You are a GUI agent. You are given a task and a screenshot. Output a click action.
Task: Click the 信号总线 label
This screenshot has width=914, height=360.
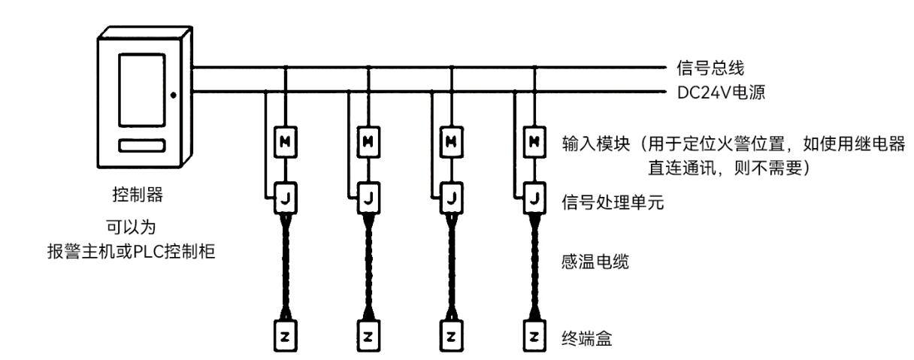click(x=710, y=68)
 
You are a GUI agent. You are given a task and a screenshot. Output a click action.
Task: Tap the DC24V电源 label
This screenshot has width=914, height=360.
click(x=721, y=92)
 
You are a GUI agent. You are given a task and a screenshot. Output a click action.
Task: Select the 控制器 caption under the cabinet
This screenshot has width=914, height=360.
click(x=138, y=195)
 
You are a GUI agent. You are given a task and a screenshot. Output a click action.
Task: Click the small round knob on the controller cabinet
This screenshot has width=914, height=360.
click(x=174, y=95)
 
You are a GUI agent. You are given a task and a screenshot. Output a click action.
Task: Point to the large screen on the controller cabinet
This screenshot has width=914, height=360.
click(x=142, y=89)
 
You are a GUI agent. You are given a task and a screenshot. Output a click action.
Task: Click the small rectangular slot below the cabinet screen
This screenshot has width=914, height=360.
click(x=142, y=146)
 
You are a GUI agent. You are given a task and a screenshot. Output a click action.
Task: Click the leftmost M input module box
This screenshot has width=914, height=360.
click(x=285, y=142)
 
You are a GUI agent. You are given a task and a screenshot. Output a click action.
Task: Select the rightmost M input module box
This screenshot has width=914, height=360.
click(x=534, y=142)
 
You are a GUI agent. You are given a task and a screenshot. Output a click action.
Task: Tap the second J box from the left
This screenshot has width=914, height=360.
click(x=368, y=198)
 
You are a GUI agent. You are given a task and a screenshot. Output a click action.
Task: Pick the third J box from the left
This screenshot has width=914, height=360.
click(x=451, y=198)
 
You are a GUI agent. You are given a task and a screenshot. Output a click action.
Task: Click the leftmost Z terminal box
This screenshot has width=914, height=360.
click(x=285, y=336)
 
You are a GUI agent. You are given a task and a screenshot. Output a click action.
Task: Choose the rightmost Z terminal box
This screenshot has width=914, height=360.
click(x=534, y=336)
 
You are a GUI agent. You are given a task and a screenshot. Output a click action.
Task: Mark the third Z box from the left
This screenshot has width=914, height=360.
click(x=451, y=336)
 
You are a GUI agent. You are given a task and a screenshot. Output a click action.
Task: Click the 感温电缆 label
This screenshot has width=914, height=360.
click(x=595, y=262)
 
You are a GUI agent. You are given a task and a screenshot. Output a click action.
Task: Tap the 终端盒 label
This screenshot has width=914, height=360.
click(x=587, y=338)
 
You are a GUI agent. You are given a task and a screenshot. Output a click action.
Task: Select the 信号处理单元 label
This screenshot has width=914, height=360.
click(x=613, y=202)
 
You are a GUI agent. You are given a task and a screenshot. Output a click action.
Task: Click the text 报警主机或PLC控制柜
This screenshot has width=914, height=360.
click(x=131, y=251)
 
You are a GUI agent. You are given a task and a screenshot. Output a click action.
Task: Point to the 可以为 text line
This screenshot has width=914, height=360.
click(x=131, y=227)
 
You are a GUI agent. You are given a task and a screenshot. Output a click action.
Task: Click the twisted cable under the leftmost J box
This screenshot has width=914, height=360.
click(x=286, y=268)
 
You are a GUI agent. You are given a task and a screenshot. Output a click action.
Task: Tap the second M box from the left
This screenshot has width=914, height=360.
click(x=368, y=142)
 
